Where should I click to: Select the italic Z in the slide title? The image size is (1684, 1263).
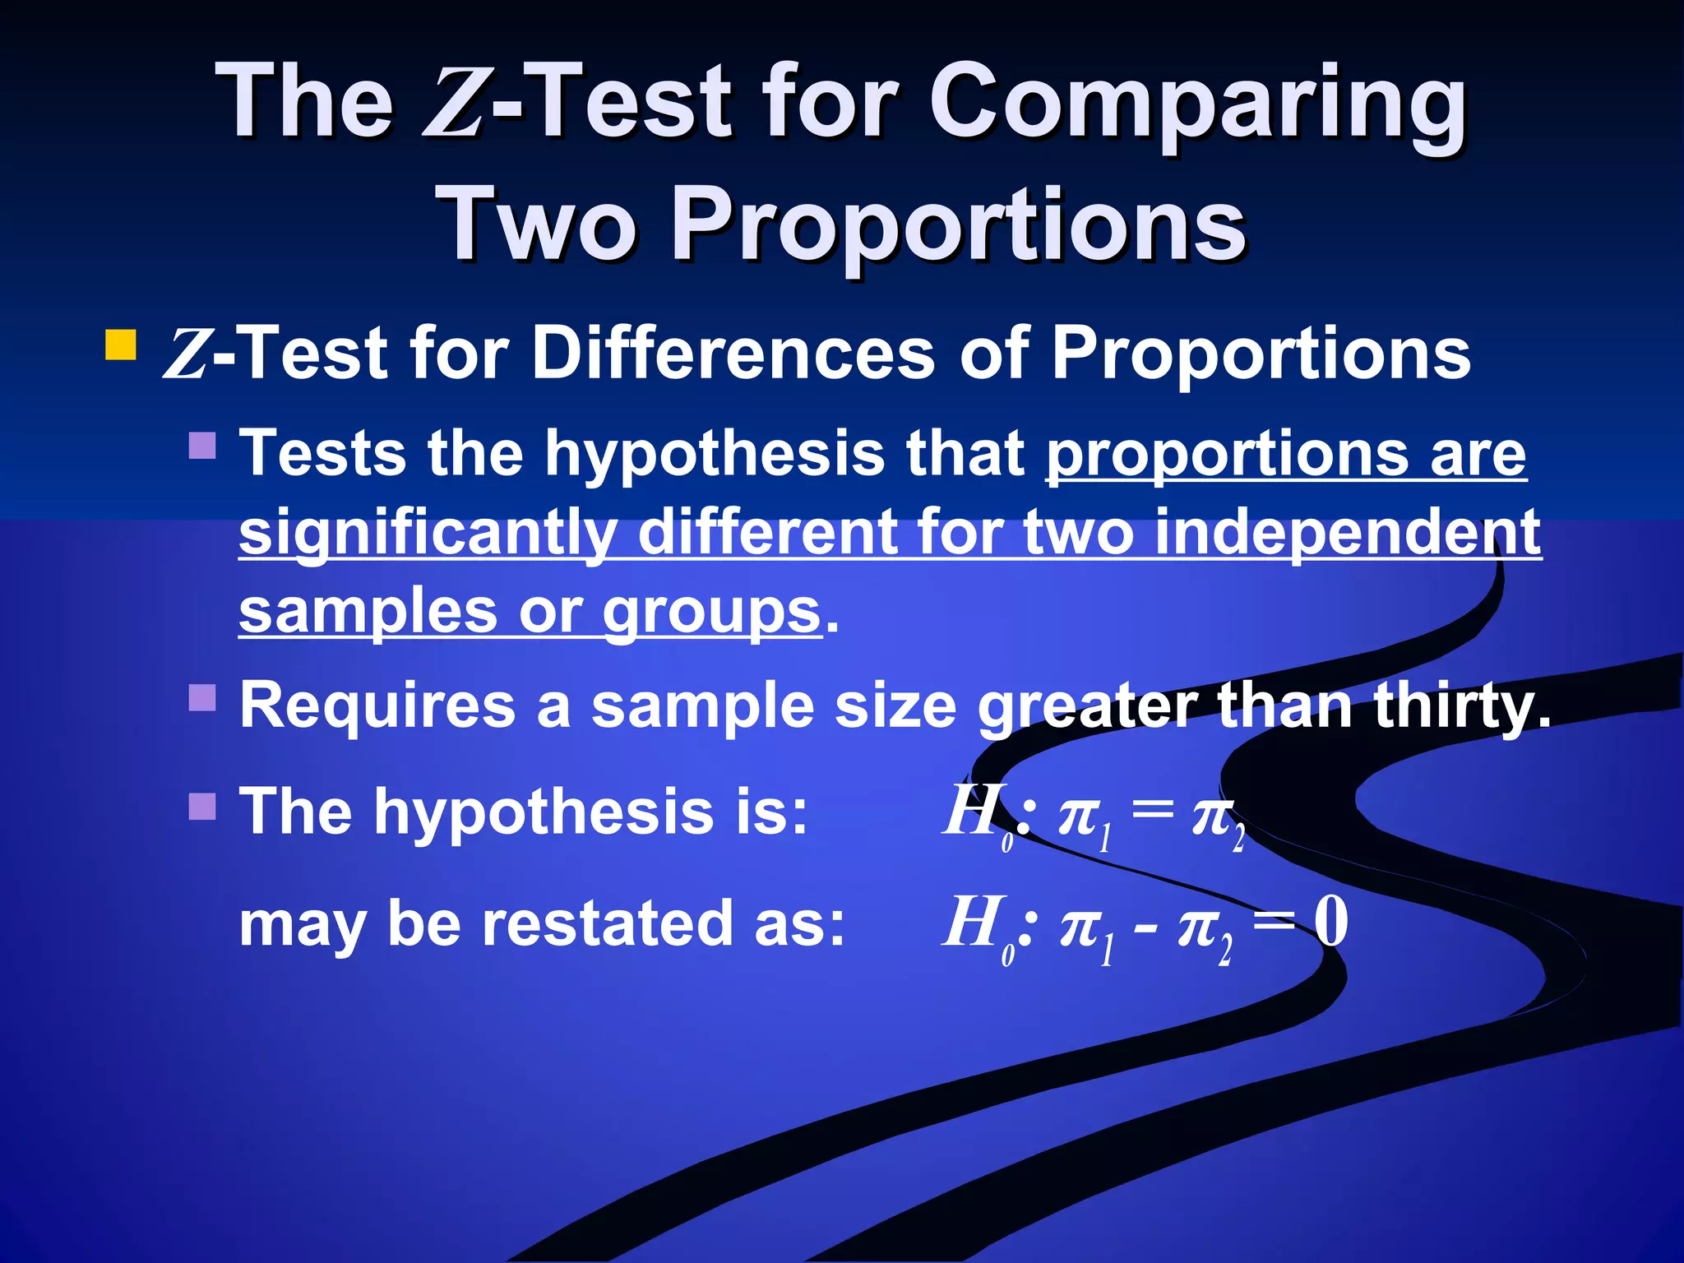click(x=452, y=105)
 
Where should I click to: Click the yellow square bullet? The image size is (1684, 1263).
click(x=120, y=345)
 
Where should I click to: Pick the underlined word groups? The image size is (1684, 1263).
click(x=711, y=613)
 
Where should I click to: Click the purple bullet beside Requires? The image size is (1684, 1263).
click(x=202, y=697)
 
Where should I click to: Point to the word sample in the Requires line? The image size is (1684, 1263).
click(x=703, y=707)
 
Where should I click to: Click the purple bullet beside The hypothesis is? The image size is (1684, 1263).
click(x=202, y=807)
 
